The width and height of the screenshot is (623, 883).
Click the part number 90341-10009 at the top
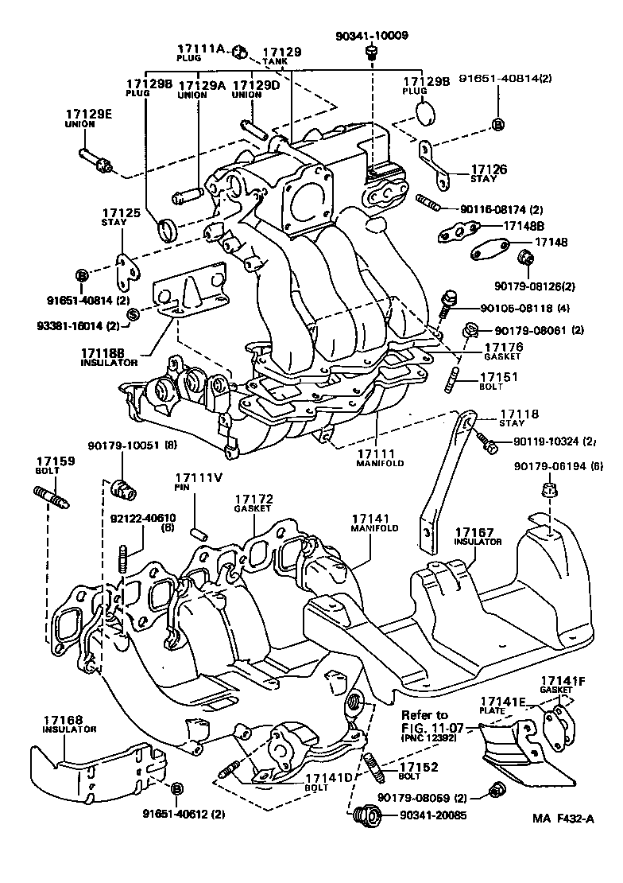(371, 35)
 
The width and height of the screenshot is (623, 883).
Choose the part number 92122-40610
(143, 518)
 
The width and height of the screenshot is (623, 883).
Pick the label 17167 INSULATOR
(478, 536)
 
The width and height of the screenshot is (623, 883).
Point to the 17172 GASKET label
(253, 502)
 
